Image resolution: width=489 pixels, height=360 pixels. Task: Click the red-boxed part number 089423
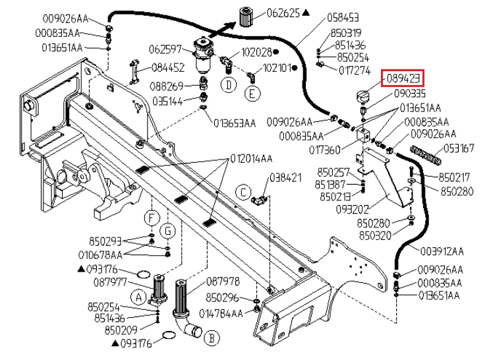pos(403,78)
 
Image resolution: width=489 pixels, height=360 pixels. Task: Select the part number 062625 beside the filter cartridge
pos(283,13)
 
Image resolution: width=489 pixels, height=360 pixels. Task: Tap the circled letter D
pos(228,85)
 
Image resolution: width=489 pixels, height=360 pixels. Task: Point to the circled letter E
pos(252,93)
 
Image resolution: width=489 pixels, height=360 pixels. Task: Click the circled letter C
pos(243,192)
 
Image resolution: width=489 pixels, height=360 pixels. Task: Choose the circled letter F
pos(152,218)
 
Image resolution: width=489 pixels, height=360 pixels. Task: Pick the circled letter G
pos(168,231)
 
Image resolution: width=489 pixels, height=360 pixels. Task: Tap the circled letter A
pos(139,297)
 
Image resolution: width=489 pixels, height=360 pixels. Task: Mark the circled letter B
pos(212,338)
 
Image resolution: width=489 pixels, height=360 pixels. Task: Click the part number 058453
pos(343,17)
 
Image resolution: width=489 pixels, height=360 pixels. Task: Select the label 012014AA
pos(251,159)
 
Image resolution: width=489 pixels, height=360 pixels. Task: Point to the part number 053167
pos(459,148)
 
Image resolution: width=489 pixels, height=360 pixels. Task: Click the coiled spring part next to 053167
pos(426,155)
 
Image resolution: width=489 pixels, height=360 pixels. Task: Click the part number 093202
pos(352,209)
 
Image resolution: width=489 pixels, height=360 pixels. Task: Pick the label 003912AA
pos(442,251)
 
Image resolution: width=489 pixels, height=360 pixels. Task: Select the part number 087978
pos(223,282)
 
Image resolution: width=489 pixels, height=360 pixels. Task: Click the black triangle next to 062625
pos(306,13)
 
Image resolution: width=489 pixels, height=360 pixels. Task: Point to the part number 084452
pos(168,68)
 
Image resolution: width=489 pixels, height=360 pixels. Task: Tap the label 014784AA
pos(221,314)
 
